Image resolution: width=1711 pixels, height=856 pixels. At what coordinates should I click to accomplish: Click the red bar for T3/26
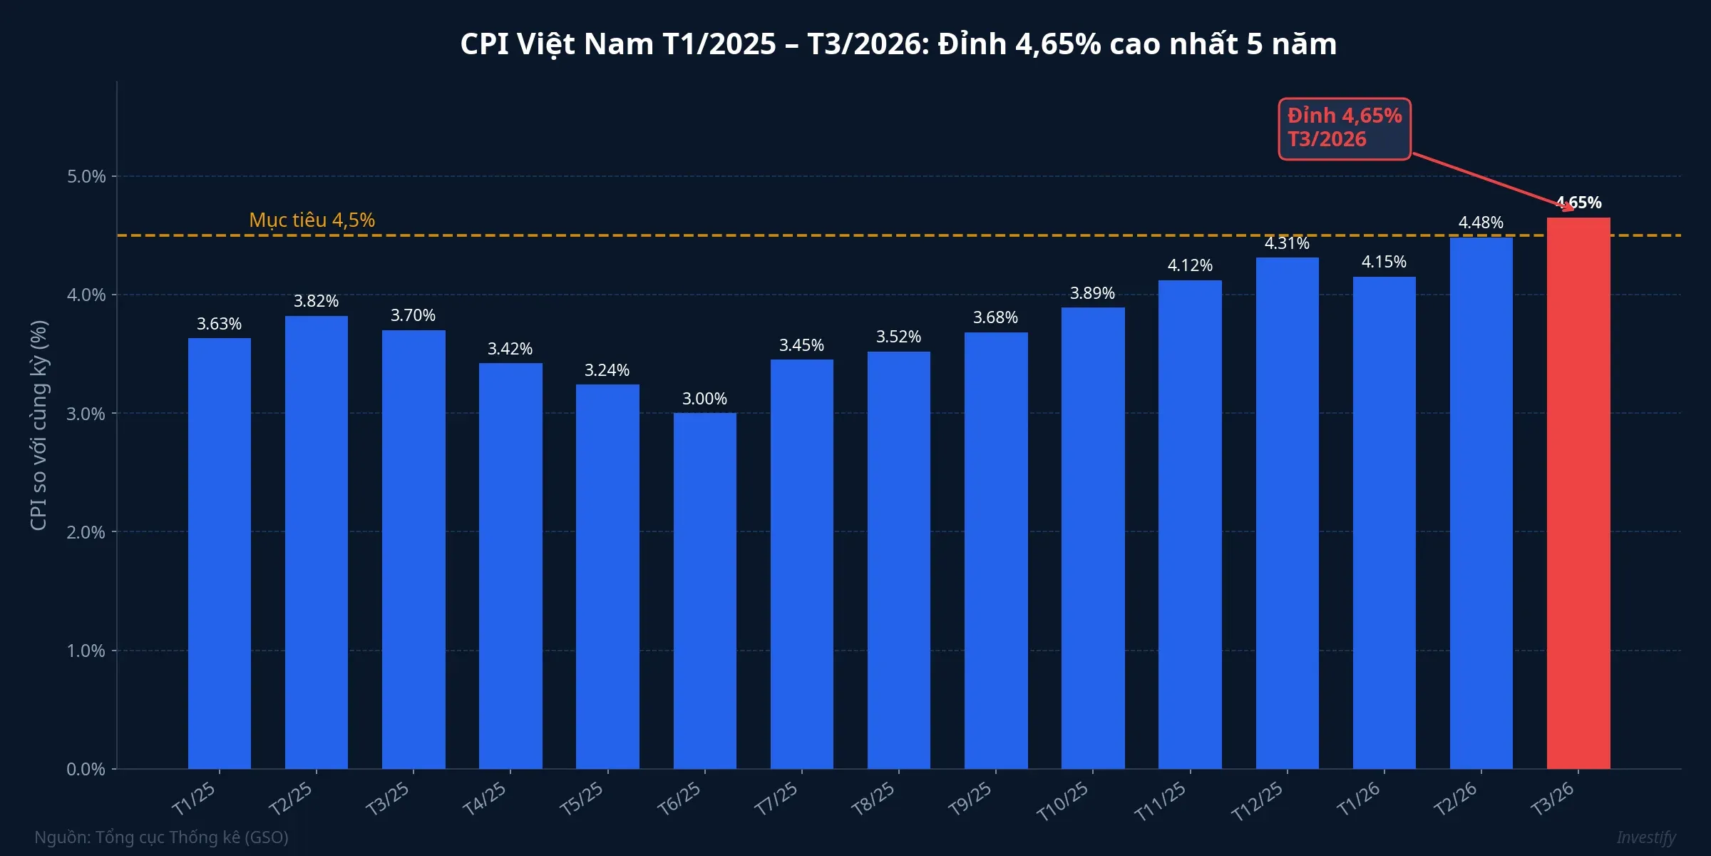tap(1578, 492)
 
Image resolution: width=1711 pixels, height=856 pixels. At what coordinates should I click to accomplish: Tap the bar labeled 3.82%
tap(316, 542)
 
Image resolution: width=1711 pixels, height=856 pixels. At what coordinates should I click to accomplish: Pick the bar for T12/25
tap(1287, 513)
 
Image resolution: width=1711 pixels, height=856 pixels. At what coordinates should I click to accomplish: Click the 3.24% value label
tap(607, 370)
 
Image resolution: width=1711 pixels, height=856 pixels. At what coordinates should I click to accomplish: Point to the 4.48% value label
tap(1481, 223)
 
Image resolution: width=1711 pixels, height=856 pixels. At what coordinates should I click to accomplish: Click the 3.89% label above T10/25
tap(1092, 293)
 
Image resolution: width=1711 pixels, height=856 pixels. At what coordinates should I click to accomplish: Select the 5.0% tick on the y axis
tap(86, 176)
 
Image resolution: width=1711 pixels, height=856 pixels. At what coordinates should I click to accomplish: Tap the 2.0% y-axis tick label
tap(86, 532)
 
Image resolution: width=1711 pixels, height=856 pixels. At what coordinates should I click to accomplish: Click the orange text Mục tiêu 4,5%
tap(312, 220)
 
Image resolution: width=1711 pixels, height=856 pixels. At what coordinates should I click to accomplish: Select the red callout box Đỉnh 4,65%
tap(1345, 128)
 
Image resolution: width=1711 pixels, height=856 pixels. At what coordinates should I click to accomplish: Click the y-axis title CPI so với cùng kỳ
tap(38, 425)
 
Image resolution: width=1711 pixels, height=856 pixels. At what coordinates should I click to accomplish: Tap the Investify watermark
tap(1646, 837)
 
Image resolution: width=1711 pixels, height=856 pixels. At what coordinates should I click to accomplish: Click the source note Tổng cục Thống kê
tap(162, 837)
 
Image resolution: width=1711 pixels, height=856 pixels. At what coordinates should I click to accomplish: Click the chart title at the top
tap(898, 44)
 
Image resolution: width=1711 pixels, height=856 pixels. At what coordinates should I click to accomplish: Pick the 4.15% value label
tap(1384, 262)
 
